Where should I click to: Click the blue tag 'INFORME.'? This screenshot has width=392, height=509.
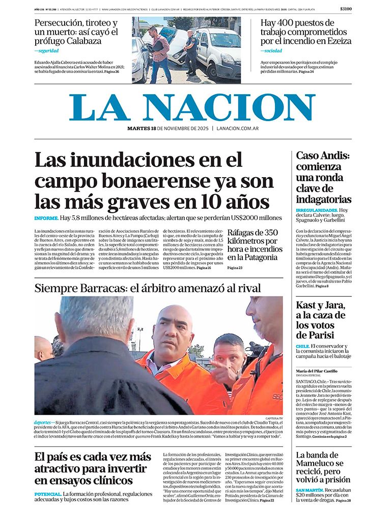coord(46,218)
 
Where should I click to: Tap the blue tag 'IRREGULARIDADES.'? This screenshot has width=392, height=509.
coord(316,210)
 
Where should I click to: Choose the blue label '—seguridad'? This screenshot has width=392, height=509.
coord(46,51)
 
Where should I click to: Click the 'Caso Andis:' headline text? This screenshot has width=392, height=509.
coord(323,156)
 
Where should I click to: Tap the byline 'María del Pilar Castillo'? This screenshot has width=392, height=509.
coord(317,371)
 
